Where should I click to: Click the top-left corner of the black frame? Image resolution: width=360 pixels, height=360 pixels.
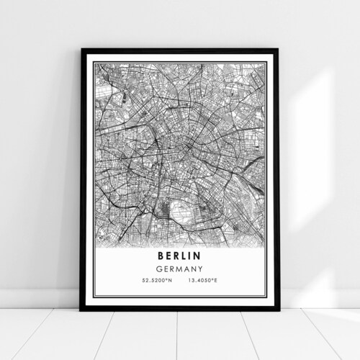tap(82, 50)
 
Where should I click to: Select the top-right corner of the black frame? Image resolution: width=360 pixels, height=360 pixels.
tap(278, 50)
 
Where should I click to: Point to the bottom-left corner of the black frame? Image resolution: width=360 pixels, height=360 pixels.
tap(82, 309)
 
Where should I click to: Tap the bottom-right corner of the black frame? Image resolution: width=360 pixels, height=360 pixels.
tap(278, 309)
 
